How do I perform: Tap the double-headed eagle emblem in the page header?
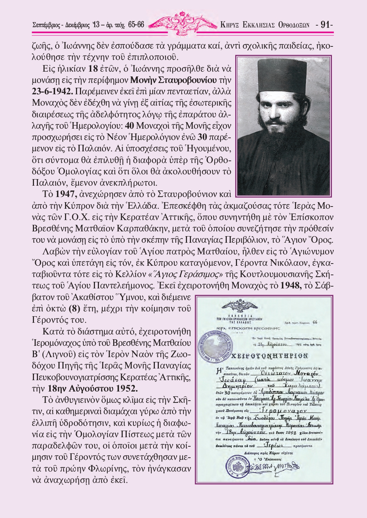coord(182,24)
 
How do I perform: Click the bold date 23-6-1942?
coord(52,91)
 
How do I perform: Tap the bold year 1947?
coord(66,194)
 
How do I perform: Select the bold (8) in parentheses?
coord(74,309)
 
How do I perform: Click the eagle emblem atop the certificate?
coord(239,306)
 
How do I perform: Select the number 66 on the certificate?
coord(315,322)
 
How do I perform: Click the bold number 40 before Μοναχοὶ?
coord(130,126)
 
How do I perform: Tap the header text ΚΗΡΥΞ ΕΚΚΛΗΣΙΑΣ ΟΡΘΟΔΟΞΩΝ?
coord(265,25)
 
